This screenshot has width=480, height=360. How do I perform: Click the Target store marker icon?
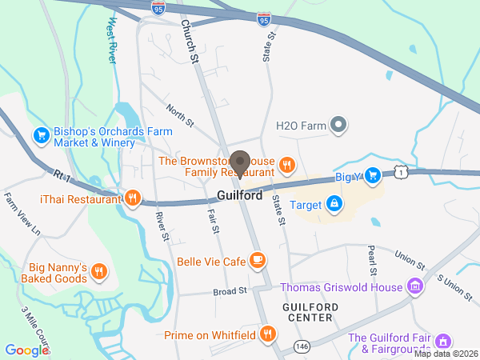click(x=332, y=206)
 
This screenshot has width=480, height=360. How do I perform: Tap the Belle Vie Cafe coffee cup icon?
click(x=257, y=261)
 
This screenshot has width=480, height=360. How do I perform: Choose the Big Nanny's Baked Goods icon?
click(x=98, y=271)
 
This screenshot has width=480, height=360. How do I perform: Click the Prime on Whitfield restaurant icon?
click(x=268, y=334)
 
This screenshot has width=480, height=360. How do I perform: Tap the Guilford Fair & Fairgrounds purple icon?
click(x=445, y=342)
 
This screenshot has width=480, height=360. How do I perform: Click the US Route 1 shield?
click(x=401, y=170)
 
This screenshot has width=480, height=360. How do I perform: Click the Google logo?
click(x=27, y=350)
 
